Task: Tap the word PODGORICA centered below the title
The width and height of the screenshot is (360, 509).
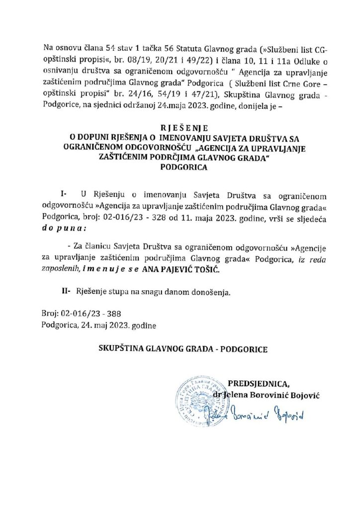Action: pyautogui.click(x=180, y=168)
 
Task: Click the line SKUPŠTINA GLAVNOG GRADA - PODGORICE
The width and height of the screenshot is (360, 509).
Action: pyautogui.click(x=182, y=349)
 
